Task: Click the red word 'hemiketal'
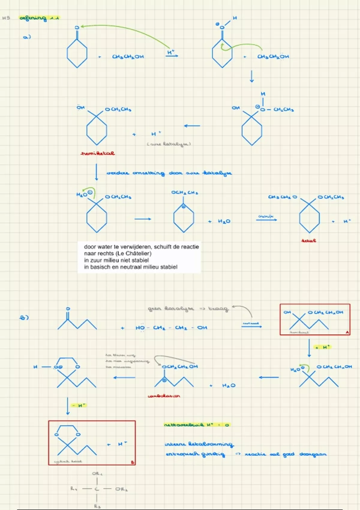(x=98, y=153)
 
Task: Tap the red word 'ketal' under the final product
(x=309, y=241)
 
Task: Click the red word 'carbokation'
(x=164, y=396)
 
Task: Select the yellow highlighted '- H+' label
(x=78, y=406)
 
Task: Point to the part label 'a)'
(x=27, y=37)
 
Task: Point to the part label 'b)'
(x=24, y=317)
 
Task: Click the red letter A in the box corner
(x=347, y=332)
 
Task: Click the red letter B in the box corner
(x=132, y=462)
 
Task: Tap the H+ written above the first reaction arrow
(x=171, y=52)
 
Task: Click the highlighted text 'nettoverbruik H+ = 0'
(x=197, y=425)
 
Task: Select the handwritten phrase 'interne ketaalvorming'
(x=199, y=444)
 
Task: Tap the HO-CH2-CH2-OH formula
(x=171, y=328)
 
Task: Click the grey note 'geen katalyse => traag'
(x=188, y=308)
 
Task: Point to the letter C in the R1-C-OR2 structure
(x=97, y=489)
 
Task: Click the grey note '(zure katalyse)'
(x=169, y=144)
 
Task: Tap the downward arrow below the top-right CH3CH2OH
(x=252, y=76)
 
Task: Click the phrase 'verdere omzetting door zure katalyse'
(x=169, y=173)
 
